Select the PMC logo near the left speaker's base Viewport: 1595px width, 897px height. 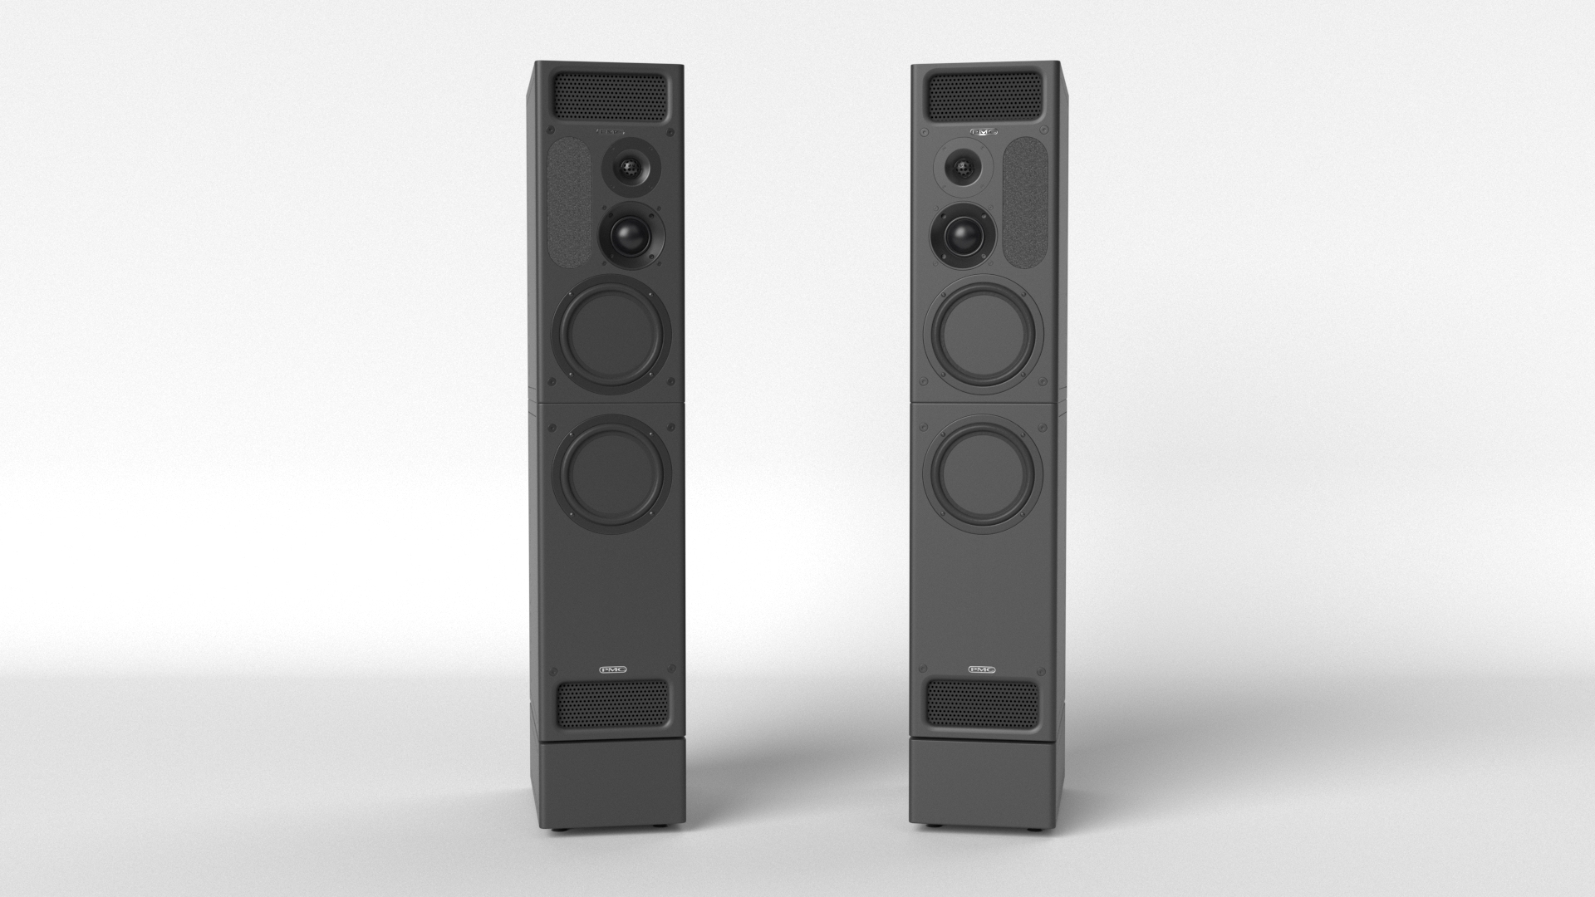pyautogui.click(x=612, y=669)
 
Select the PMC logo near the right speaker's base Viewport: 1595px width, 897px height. pyautogui.click(x=983, y=669)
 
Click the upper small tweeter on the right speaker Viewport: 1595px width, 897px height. pyautogui.click(x=964, y=169)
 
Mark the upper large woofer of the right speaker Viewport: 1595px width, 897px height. pyautogui.click(x=984, y=336)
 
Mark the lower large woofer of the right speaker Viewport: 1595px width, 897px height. pyautogui.click(x=984, y=473)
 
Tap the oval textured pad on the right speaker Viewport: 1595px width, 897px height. pyautogui.click(x=1025, y=199)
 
